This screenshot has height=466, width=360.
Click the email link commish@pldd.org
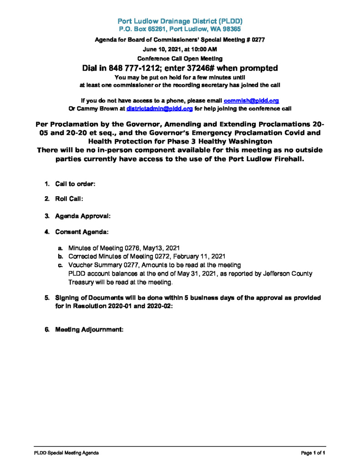point(251,100)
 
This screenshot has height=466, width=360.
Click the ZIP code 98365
point(231,29)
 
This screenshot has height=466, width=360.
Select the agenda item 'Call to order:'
point(75,184)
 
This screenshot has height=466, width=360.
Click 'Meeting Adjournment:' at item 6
point(90,329)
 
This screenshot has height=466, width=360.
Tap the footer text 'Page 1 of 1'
point(313,453)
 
